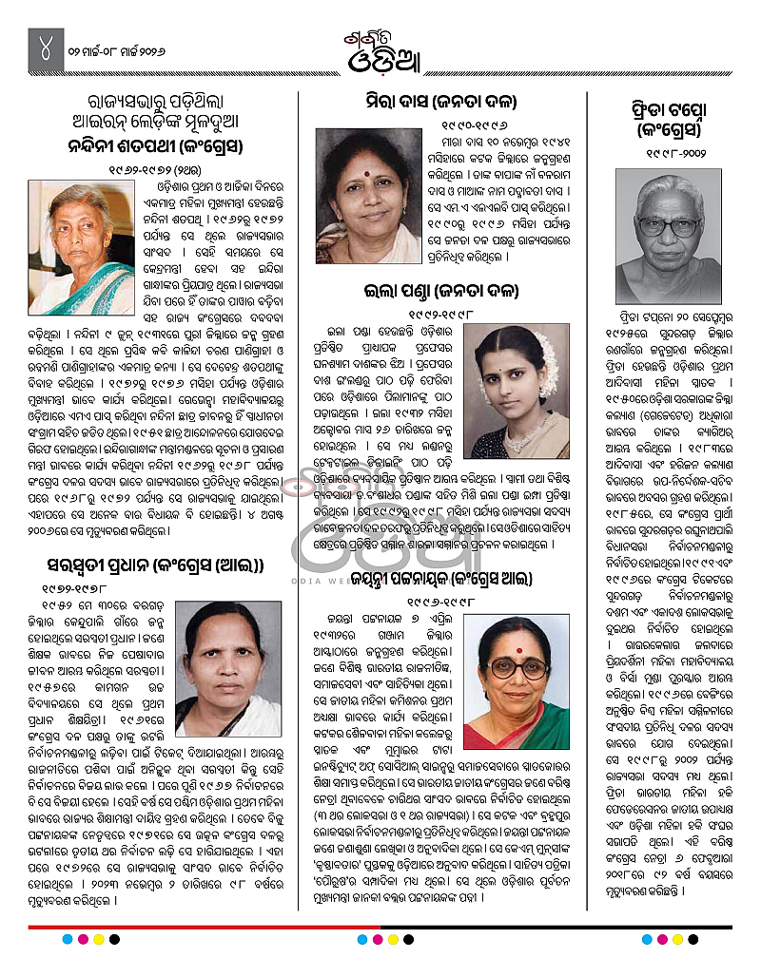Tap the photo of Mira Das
pos(368,197)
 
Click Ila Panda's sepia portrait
pos(518,377)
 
